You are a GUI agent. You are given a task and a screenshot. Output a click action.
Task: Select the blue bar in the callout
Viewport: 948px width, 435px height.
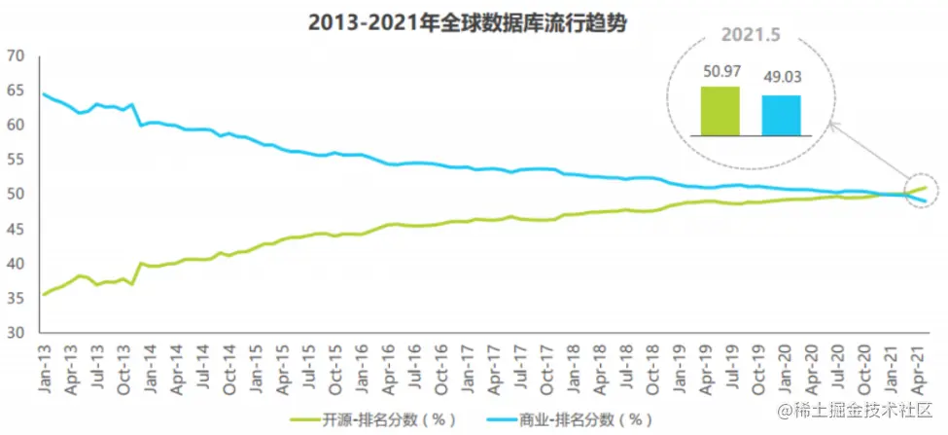click(781, 114)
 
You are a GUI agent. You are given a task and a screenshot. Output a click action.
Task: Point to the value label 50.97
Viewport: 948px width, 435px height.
click(720, 72)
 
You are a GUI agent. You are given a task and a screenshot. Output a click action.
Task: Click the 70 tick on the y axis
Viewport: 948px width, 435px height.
click(14, 55)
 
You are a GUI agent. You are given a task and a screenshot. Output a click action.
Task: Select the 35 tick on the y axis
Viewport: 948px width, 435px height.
click(14, 298)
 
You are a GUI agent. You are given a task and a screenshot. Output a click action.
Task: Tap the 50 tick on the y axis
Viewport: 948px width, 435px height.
click(14, 195)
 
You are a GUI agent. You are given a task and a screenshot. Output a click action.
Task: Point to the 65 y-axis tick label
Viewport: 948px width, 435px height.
click(14, 91)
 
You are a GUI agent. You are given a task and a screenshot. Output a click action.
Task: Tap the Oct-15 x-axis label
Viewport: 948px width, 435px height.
click(334, 370)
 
